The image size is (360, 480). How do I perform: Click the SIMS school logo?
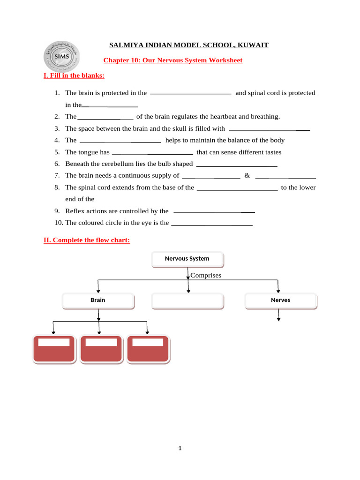coord(61,57)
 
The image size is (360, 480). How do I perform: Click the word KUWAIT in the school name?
coord(253,45)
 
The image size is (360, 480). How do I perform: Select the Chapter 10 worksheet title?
coord(172,60)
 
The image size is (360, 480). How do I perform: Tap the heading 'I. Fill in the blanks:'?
coord(74,75)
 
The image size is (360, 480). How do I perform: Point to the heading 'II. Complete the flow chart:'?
coord(86,240)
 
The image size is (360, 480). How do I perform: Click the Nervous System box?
coord(187,259)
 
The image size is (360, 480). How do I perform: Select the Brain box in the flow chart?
coord(98,300)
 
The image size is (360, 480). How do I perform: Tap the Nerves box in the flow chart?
coord(280,300)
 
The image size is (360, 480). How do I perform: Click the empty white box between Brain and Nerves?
coord(188,300)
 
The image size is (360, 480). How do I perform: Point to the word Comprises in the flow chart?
coord(205,275)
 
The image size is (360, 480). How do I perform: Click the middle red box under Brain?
coord(101,348)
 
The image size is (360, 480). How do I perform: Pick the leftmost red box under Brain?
coord(54,348)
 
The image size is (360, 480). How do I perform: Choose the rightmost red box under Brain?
coord(149,348)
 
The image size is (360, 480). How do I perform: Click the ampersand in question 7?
coord(247,175)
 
